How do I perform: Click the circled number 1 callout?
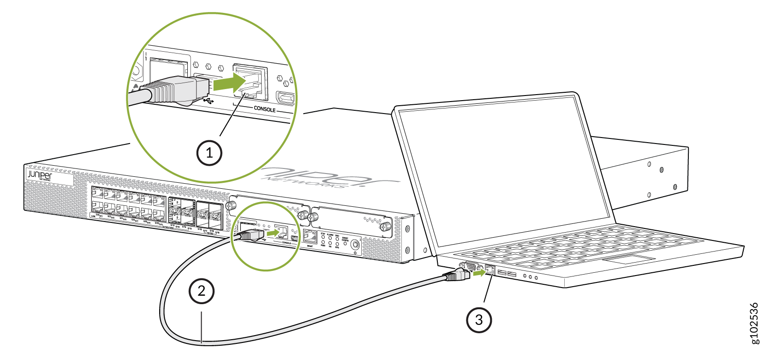click(209, 153)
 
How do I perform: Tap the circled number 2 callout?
click(202, 291)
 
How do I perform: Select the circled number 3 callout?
click(479, 319)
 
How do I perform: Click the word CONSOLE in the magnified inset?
click(264, 109)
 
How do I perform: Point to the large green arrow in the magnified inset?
click(230, 83)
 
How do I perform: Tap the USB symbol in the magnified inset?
click(208, 100)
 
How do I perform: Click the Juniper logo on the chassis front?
click(39, 175)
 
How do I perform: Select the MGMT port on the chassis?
click(310, 237)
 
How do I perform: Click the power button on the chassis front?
click(355, 245)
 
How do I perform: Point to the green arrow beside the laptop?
click(479, 273)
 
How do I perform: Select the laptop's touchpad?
click(628, 259)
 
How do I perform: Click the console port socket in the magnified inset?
click(250, 82)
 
